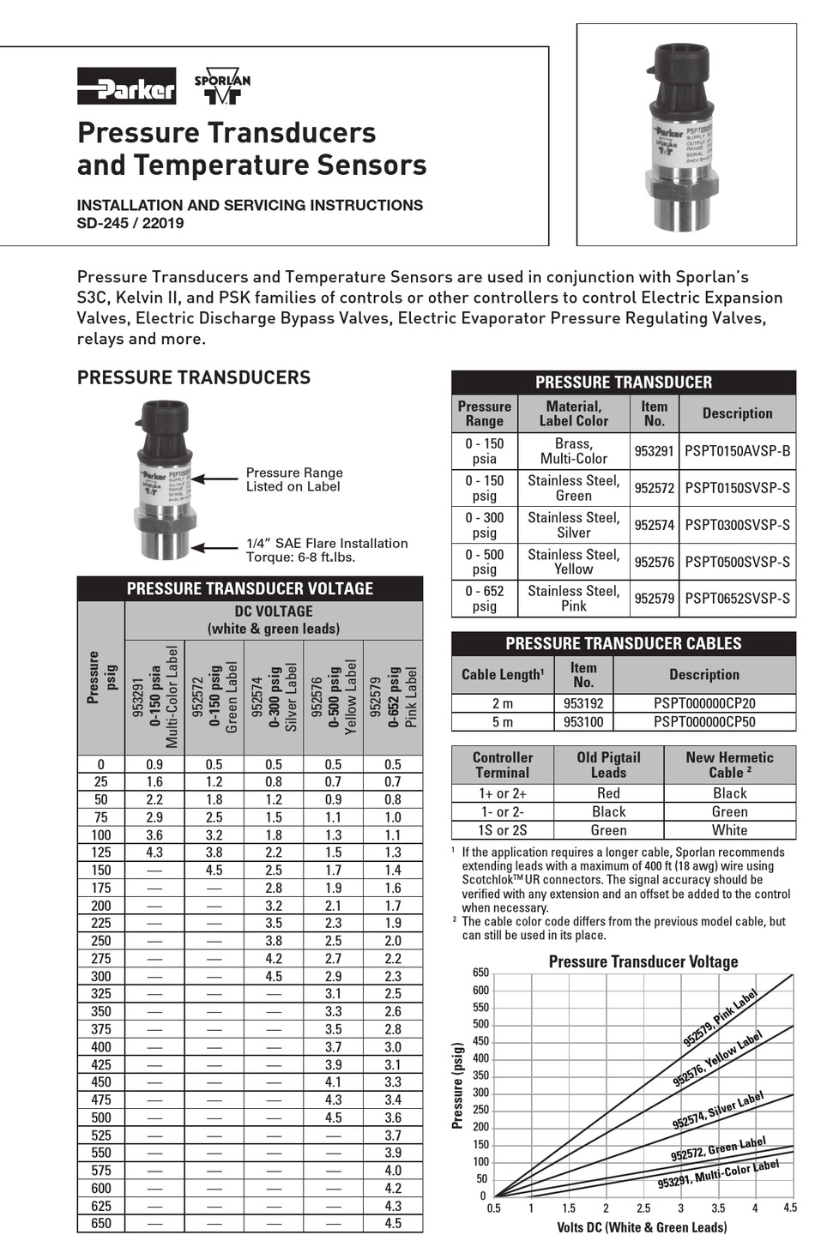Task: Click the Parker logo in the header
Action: tap(126, 87)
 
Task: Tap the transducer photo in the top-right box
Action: tap(687, 135)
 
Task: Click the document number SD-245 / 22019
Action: tap(130, 224)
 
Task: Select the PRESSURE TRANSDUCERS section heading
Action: tap(194, 377)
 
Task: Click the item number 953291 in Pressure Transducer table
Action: tap(654, 451)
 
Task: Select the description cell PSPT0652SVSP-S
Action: tap(737, 599)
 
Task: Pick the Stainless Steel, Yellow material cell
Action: tap(573, 562)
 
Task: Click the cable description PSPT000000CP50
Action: tap(704, 722)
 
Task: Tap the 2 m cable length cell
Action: tap(503, 703)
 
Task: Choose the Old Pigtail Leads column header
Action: tap(608, 765)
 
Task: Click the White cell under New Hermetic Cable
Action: tap(729, 830)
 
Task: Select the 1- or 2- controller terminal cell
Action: tap(503, 812)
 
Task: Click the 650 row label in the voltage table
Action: tap(101, 1224)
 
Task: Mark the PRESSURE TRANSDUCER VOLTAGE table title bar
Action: tap(250, 589)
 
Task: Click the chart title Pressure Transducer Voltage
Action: tap(643, 961)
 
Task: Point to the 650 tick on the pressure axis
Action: tap(480, 973)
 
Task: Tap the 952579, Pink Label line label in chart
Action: tap(721, 1018)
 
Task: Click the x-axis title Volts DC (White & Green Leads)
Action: tap(641, 1227)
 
